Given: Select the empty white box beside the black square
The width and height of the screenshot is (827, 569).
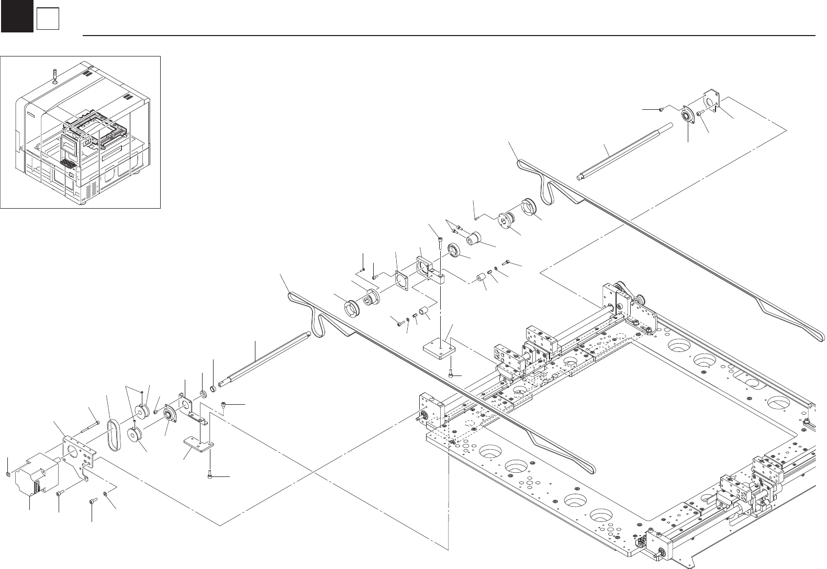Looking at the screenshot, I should click(x=47, y=20).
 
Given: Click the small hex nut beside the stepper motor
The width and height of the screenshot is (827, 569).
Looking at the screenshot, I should click(x=8, y=474).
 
